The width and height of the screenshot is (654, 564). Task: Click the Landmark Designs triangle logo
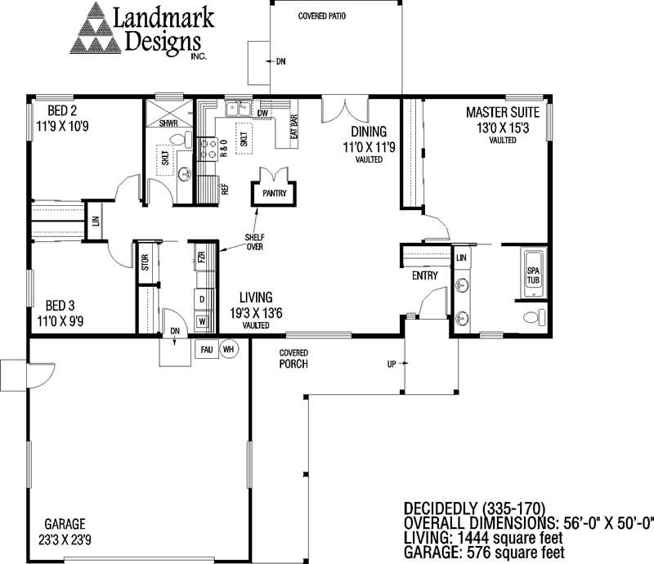(x=96, y=34)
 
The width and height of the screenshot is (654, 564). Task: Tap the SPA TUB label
(x=533, y=275)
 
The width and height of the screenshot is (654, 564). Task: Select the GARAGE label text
(x=65, y=524)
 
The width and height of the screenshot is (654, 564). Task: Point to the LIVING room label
(x=255, y=297)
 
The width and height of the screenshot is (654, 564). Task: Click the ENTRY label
(x=424, y=275)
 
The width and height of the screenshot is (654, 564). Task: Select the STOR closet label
(x=145, y=263)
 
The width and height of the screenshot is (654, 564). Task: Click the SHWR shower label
(x=168, y=123)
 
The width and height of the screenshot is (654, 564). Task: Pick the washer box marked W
(x=202, y=321)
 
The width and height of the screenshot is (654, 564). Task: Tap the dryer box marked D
(x=202, y=298)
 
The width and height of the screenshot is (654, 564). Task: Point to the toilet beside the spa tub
(x=531, y=317)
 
